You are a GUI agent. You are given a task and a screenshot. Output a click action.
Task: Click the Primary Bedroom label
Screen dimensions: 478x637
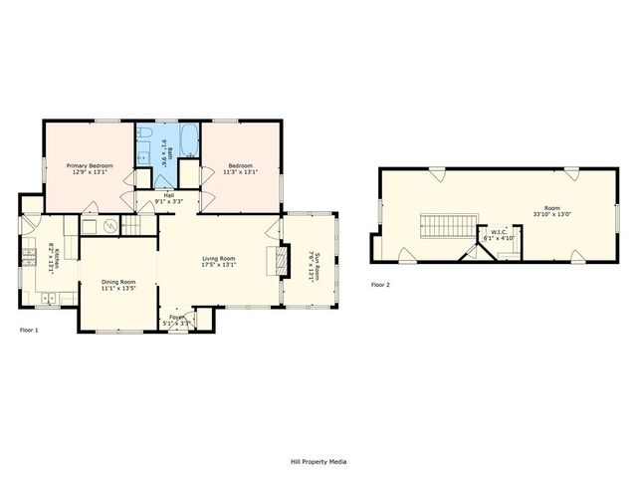[90, 165]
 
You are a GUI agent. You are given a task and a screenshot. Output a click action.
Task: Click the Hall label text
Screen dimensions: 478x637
[168, 196]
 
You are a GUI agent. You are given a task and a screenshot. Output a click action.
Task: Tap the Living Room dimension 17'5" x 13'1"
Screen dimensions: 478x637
[218, 265]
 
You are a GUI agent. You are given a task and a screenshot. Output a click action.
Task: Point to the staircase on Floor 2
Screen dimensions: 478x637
[440, 227]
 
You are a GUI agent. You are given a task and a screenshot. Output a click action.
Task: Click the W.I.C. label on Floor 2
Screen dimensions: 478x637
[498, 236]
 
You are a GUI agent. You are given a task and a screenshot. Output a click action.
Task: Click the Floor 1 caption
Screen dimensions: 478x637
[29, 330]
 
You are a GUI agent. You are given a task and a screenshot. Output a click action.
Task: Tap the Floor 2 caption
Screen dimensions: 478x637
[380, 285]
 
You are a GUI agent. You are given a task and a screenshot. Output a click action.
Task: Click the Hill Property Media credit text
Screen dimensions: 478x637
[318, 461]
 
